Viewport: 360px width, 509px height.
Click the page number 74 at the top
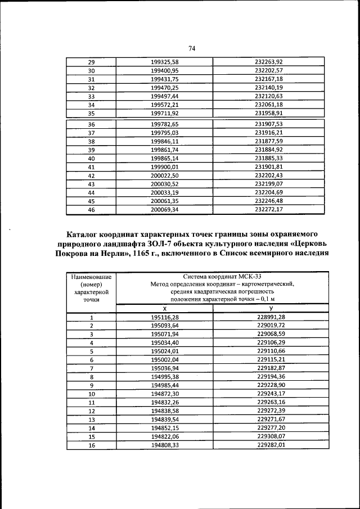[191, 48]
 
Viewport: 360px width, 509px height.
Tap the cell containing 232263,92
[268, 62]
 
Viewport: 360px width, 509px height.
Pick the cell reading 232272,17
[268, 210]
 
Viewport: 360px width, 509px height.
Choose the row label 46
[91, 210]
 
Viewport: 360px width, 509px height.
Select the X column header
[165, 309]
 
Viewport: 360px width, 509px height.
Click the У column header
[271, 309]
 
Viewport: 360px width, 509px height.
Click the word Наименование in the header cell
[91, 277]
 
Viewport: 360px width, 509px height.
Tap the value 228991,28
[271, 318]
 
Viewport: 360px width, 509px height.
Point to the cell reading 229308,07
[271, 436]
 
